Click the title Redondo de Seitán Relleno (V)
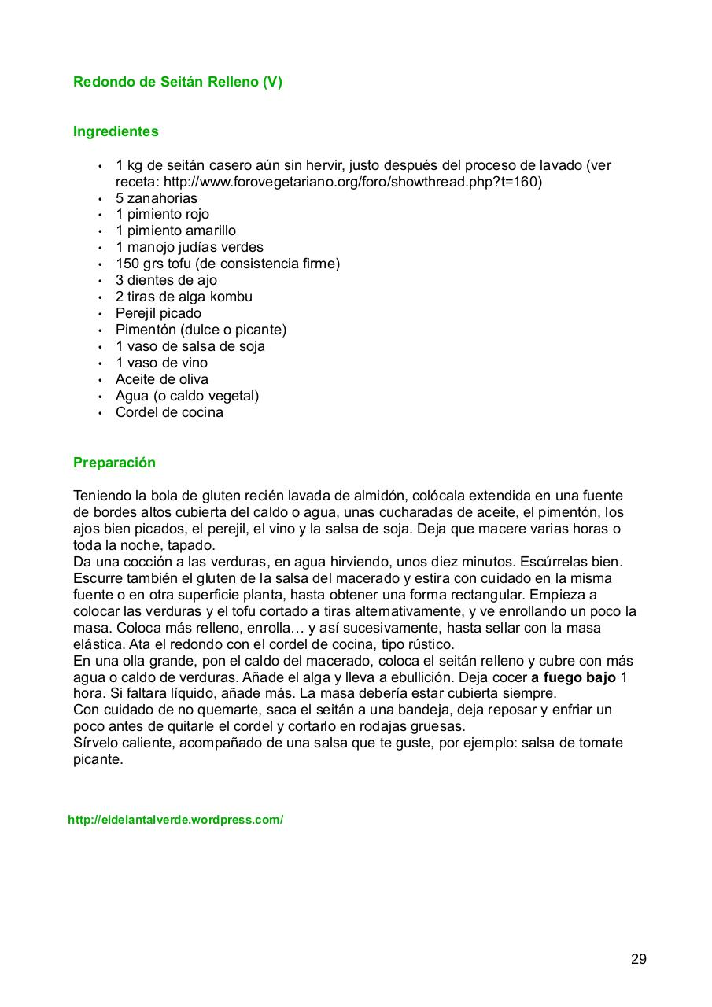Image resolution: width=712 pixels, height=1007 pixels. pyautogui.click(x=177, y=82)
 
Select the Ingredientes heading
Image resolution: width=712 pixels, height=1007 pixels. pyautogui.click(x=116, y=131)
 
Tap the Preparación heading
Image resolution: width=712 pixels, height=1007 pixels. pyautogui.click(x=114, y=463)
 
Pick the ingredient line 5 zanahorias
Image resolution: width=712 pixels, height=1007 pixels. pyautogui.click(x=157, y=198)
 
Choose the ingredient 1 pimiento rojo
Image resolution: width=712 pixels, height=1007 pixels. pyautogui.click(x=162, y=214)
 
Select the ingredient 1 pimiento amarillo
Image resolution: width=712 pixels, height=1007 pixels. pyautogui.click(x=175, y=231)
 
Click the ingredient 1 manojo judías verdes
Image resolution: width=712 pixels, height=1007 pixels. pyautogui.click(x=190, y=247)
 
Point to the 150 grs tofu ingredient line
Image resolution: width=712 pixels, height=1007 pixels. pyautogui.click(x=227, y=264)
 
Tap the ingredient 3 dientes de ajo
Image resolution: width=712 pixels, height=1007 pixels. pyautogui.click(x=166, y=280)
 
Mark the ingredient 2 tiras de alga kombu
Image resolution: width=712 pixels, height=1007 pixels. pyautogui.click(x=184, y=297)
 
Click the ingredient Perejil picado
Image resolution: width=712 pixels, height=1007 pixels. pyautogui.click(x=158, y=313)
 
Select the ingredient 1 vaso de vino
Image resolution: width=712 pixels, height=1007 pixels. pyautogui.click(x=161, y=363)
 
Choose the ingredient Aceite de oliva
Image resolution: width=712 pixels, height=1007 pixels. pyautogui.click(x=162, y=379)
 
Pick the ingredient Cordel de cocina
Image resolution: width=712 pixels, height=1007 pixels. pyautogui.click(x=169, y=412)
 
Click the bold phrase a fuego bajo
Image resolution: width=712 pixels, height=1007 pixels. pyautogui.click(x=574, y=677)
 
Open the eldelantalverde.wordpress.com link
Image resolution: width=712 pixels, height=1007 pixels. pyautogui.click(x=175, y=820)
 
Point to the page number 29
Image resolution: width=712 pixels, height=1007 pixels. pyautogui.click(x=638, y=959)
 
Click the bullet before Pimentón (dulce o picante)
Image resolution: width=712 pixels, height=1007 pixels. pyautogui.click(x=100, y=330)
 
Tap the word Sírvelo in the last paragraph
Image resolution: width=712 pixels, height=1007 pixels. pyautogui.click(x=97, y=743)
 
